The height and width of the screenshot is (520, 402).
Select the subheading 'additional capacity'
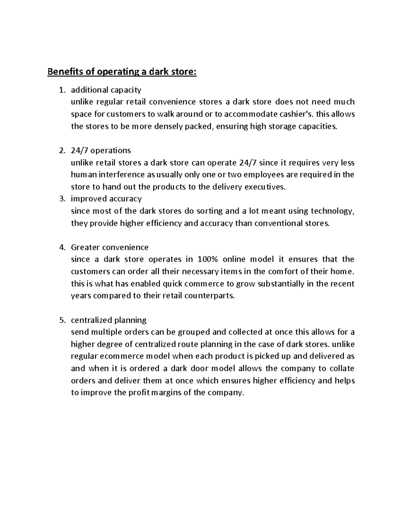pos(106,90)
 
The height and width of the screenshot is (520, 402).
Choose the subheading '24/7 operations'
pos(101,150)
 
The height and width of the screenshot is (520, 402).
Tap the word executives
pos(265,187)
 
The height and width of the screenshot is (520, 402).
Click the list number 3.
pos(61,199)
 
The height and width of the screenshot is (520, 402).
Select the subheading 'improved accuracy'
pos(106,199)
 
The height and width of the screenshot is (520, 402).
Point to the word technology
pos(332,211)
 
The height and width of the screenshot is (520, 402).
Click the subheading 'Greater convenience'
pos(110,247)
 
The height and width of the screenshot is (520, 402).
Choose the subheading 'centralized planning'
pos(109,320)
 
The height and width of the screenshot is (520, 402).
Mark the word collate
pos(342,368)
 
